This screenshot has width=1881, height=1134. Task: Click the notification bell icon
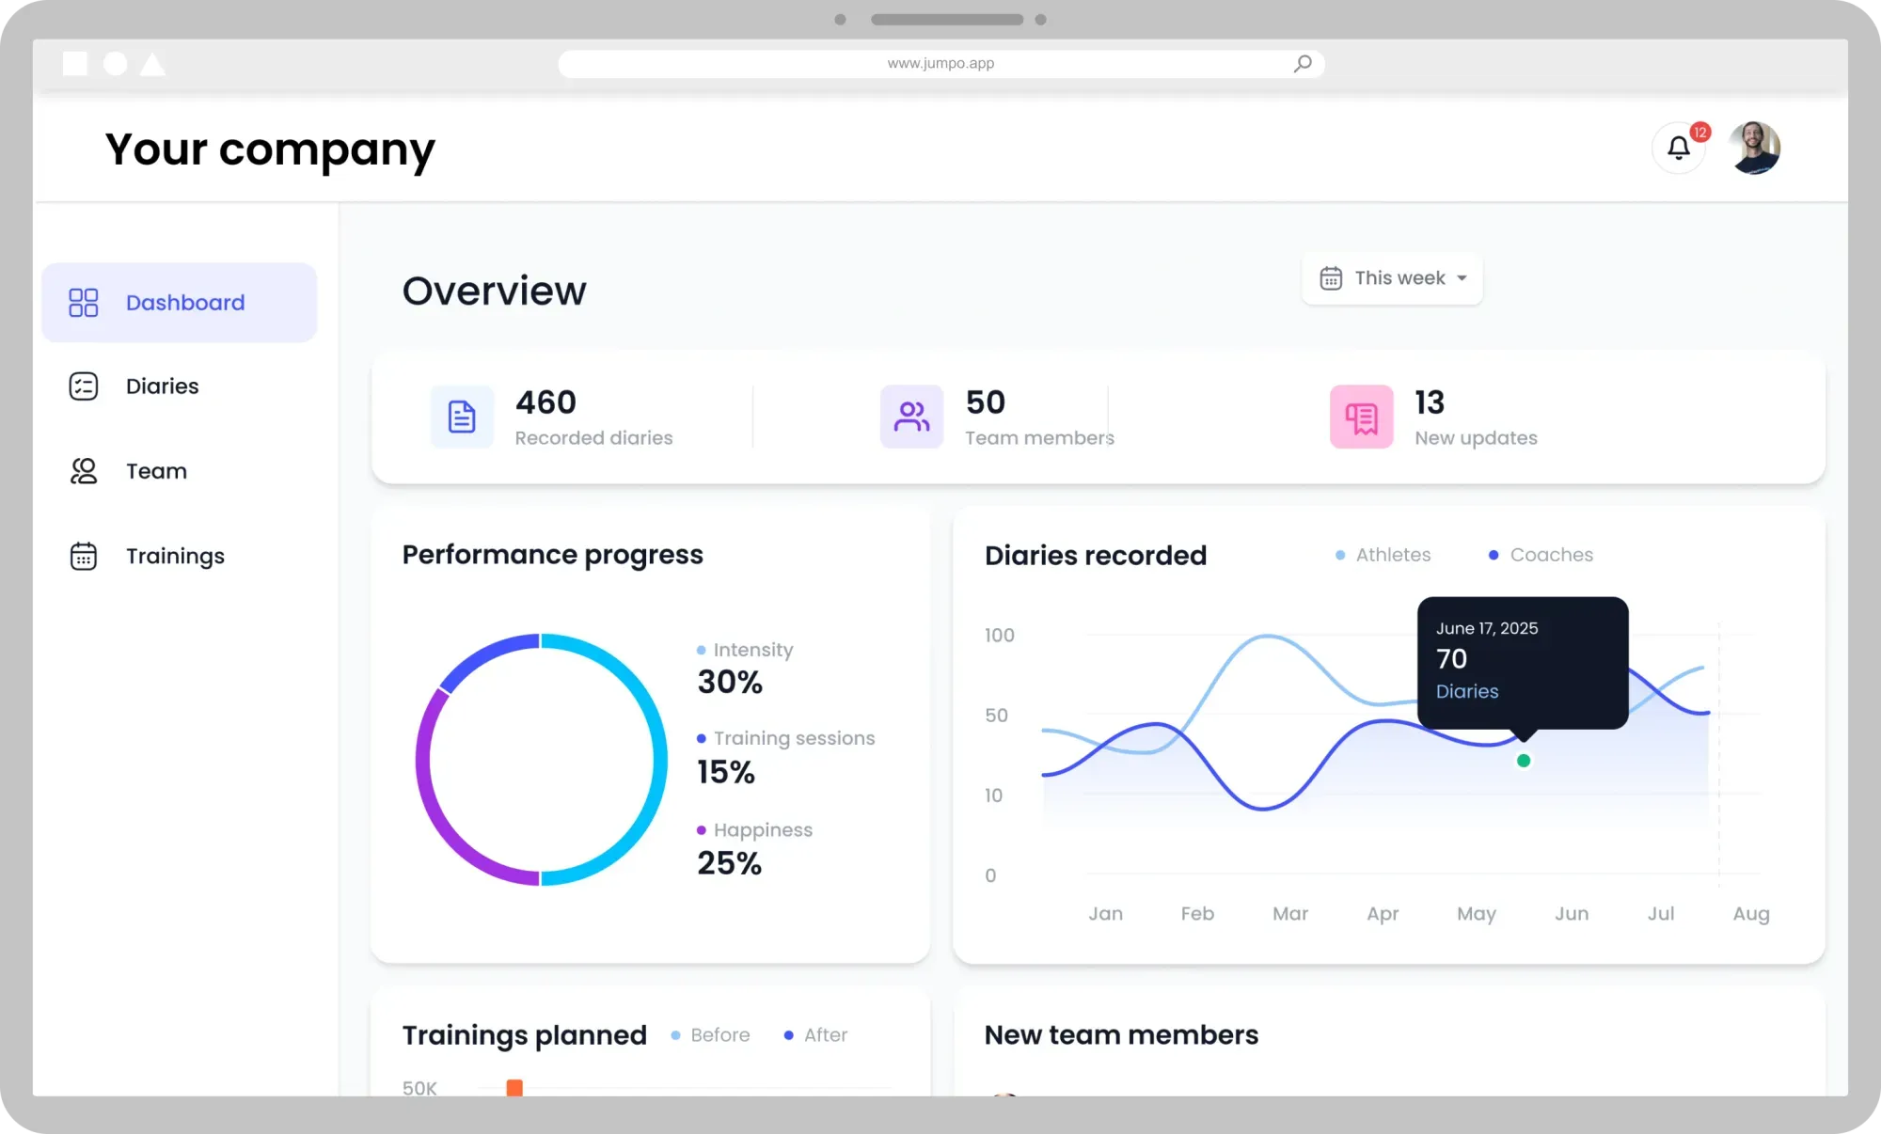[x=1678, y=148]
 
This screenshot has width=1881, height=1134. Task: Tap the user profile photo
[x=1754, y=148]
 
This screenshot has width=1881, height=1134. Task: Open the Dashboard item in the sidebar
[x=180, y=303]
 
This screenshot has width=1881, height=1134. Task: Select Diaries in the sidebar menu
[x=162, y=386]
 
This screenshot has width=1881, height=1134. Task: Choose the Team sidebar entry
[x=156, y=471]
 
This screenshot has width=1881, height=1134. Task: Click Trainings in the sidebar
[x=175, y=556]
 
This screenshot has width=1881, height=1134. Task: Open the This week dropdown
[x=1392, y=278]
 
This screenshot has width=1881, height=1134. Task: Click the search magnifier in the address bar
[x=1303, y=64]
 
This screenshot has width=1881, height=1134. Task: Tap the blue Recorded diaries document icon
[x=462, y=417]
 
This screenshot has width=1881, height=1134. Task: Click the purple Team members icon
[x=911, y=417]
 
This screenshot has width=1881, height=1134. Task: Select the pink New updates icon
[x=1361, y=417]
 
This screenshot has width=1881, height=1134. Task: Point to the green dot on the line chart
[x=1524, y=761]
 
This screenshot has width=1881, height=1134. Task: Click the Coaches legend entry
[x=1550, y=555]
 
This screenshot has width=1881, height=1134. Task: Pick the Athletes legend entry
[x=1392, y=555]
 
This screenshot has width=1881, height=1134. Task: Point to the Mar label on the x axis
[x=1290, y=913]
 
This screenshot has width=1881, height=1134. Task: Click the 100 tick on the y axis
[x=999, y=636]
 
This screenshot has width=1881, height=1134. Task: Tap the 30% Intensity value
[x=730, y=682]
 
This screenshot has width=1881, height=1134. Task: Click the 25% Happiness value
[x=729, y=863]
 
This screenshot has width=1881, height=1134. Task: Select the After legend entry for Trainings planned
[x=825, y=1035]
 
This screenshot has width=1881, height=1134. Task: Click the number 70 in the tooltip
[x=1451, y=659]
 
